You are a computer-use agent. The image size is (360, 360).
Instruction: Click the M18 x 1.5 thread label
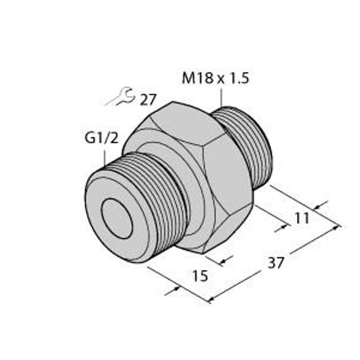pyautogui.click(x=215, y=78)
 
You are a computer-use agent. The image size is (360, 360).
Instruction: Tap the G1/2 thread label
pyautogui.click(x=101, y=138)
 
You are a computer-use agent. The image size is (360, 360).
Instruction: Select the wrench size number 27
pyautogui.click(x=148, y=100)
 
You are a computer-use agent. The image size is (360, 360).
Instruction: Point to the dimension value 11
pyautogui.click(x=302, y=218)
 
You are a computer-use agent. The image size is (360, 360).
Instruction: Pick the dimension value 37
pyautogui.click(x=276, y=263)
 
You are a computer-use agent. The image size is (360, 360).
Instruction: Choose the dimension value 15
pyautogui.click(x=200, y=276)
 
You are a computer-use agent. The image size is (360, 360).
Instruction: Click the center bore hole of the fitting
pyautogui.click(x=117, y=218)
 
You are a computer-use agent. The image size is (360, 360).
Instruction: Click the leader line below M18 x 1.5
pyautogui.click(x=221, y=98)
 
